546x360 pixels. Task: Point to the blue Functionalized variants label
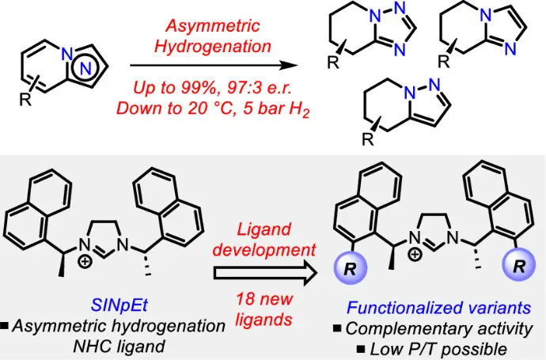click(x=438, y=305)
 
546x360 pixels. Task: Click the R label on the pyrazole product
click(x=366, y=140)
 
